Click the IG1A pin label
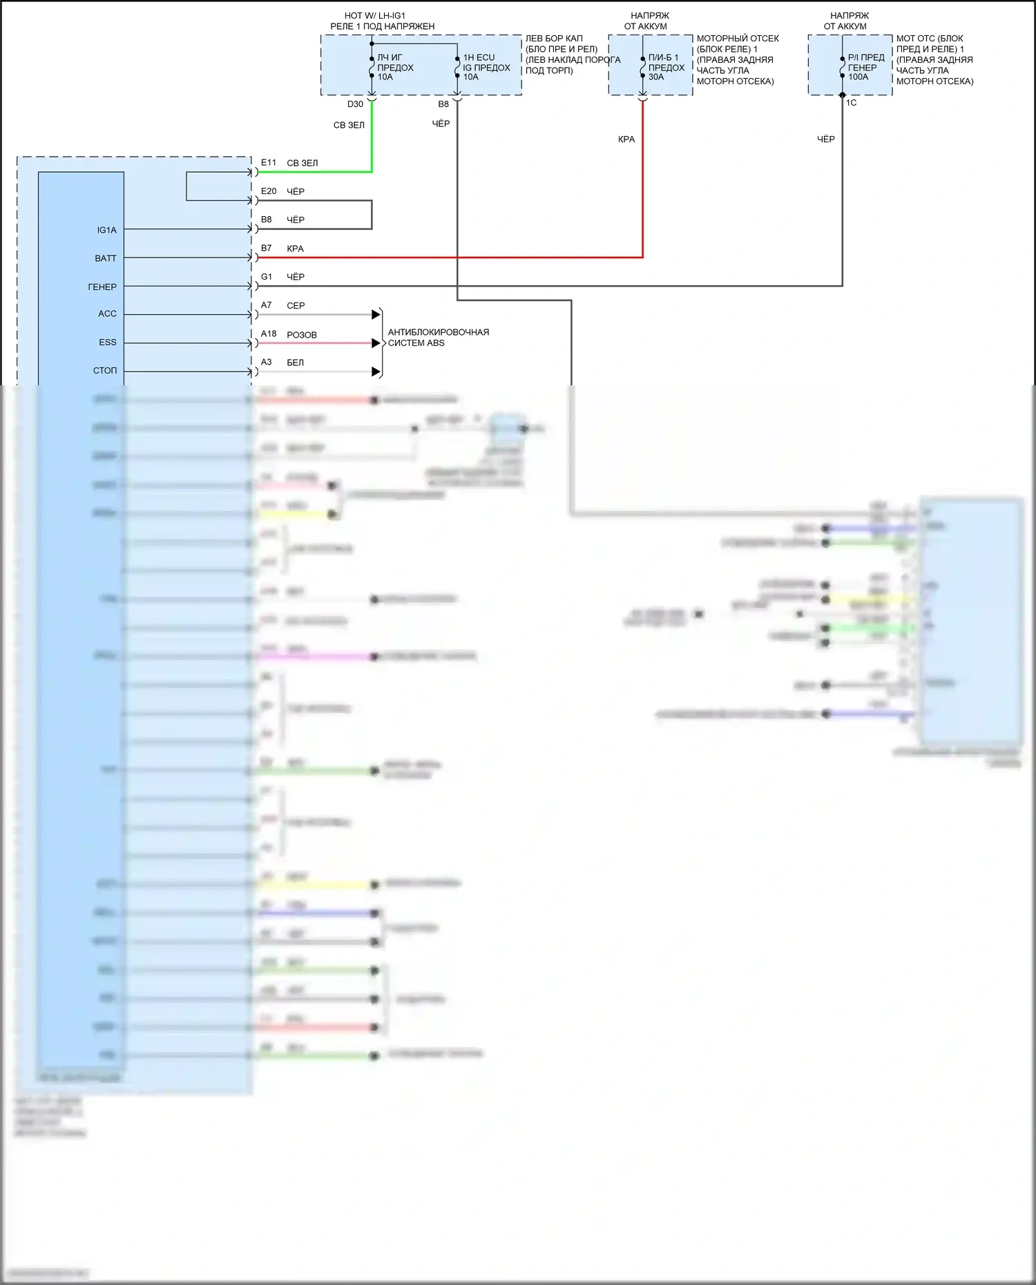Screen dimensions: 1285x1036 coord(106,230)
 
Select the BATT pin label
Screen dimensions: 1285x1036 coord(106,258)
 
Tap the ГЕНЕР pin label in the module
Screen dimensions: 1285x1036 coord(102,287)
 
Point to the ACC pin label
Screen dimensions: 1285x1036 coord(107,313)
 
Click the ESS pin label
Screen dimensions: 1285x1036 coord(108,342)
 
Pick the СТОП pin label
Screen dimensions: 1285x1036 coord(105,371)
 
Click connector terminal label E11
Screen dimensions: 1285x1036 coord(269,163)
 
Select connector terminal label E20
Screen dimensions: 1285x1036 coord(269,191)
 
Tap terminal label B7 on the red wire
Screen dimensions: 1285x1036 coord(267,248)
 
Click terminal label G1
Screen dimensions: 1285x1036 coord(267,277)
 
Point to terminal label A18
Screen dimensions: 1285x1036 coord(269,334)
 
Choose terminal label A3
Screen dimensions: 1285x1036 coord(267,362)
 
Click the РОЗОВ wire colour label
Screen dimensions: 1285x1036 coord(302,335)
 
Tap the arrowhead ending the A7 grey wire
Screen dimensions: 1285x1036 coord(376,315)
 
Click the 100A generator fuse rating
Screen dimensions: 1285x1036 coord(858,77)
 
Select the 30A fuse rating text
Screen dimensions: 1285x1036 coord(656,77)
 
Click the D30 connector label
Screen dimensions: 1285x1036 coord(355,104)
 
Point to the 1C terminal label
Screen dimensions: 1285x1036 coord(851,103)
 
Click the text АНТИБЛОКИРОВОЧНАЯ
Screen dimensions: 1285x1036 coord(439,332)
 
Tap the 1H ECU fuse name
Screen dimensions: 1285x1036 coord(479,58)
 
